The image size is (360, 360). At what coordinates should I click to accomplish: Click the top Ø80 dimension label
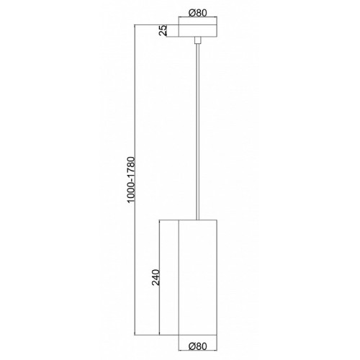tap(197, 13)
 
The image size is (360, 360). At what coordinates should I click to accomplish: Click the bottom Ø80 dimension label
tap(197, 346)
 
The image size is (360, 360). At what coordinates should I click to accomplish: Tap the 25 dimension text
tap(163, 30)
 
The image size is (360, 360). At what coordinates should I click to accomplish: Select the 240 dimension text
tap(156, 277)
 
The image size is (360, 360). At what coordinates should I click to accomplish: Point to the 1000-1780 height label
tap(132, 180)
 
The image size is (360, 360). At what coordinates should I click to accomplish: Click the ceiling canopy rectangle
tap(198, 31)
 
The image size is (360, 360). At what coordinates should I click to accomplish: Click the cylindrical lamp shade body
tap(198, 277)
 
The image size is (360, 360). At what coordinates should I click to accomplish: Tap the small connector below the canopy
tap(198, 40)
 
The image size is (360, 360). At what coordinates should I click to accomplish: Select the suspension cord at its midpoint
tap(198, 132)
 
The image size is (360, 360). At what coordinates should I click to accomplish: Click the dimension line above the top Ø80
tap(198, 17)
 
